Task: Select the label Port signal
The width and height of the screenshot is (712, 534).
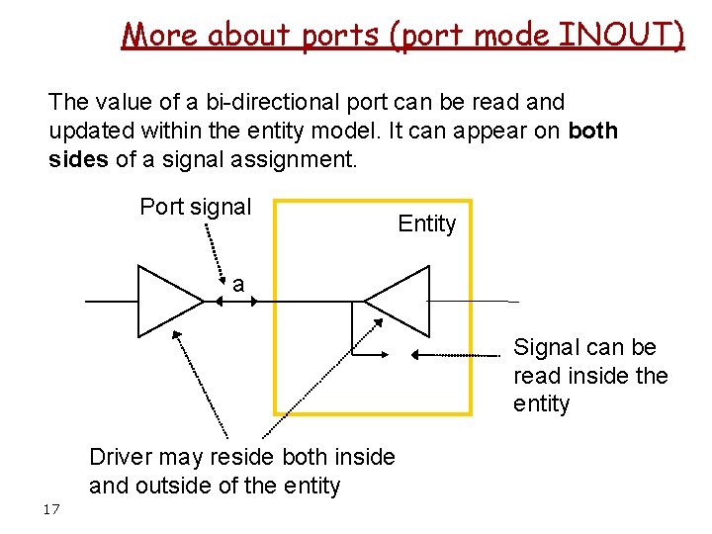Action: [196, 207]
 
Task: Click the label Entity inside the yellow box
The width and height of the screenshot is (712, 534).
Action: [427, 223]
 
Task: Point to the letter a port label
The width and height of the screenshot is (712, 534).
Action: [238, 284]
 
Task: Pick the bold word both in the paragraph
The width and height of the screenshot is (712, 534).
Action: [593, 131]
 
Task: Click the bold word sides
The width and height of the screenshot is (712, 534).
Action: [79, 159]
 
